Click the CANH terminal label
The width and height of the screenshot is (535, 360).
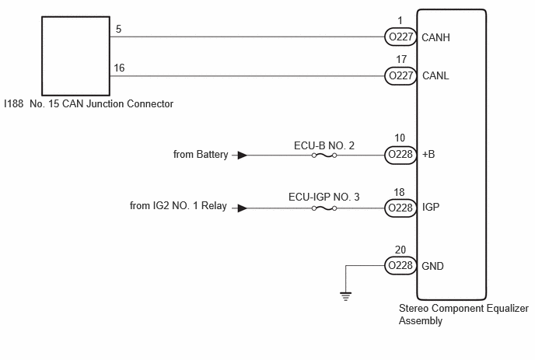[435, 37]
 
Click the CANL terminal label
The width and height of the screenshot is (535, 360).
[435, 76]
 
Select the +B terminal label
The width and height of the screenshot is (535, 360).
[428, 155]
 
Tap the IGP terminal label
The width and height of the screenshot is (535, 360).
[430, 208]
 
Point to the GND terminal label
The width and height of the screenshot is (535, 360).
[432, 265]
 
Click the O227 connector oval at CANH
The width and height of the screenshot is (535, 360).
[400, 37]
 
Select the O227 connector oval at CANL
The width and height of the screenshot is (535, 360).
[400, 76]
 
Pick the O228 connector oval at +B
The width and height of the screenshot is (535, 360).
[400, 155]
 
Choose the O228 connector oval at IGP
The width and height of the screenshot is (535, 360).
[400, 208]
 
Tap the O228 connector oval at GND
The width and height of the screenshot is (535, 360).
[400, 265]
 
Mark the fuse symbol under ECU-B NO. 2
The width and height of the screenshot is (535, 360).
[323, 155]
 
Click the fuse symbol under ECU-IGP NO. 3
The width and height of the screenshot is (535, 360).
[323, 208]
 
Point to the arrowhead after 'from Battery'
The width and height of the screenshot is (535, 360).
[243, 155]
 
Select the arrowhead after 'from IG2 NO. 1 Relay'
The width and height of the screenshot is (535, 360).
[243, 208]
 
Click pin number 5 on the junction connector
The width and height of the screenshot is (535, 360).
[119, 30]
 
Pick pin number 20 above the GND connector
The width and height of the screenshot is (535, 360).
[400, 250]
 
